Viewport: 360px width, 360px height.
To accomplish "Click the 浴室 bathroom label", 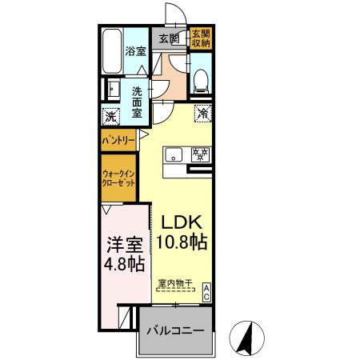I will [134, 50].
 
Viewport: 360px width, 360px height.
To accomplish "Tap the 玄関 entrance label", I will [167, 38].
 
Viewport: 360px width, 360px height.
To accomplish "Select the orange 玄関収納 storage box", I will [200, 38].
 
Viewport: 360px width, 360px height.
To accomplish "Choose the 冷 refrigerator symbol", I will [203, 114].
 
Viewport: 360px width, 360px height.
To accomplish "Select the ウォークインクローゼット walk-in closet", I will [117, 178].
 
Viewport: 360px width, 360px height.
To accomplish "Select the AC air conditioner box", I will [206, 293].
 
